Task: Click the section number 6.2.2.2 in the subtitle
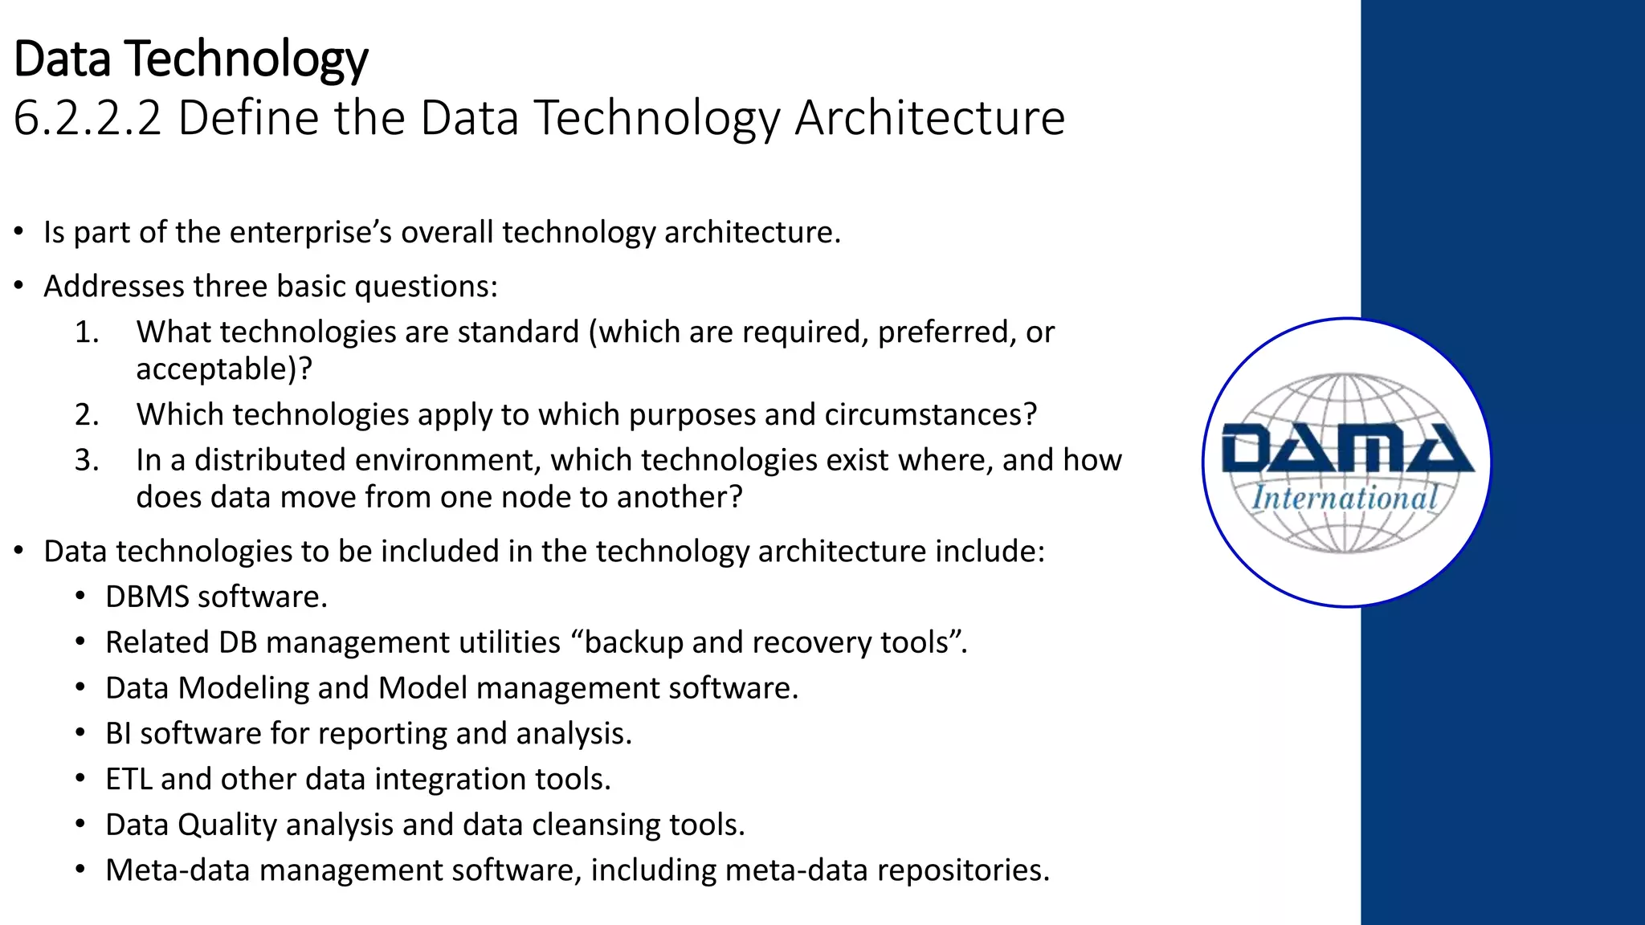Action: pyautogui.click(x=88, y=118)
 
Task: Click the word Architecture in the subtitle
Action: pyautogui.click(x=929, y=118)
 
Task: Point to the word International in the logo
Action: pyautogui.click(x=1345, y=498)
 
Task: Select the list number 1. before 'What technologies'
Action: pyautogui.click(x=87, y=332)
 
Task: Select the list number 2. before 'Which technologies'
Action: pyautogui.click(x=87, y=414)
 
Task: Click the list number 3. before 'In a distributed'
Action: pyautogui.click(x=87, y=460)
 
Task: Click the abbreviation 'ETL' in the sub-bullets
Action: pyautogui.click(x=129, y=780)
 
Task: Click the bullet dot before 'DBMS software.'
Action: pyautogui.click(x=80, y=597)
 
